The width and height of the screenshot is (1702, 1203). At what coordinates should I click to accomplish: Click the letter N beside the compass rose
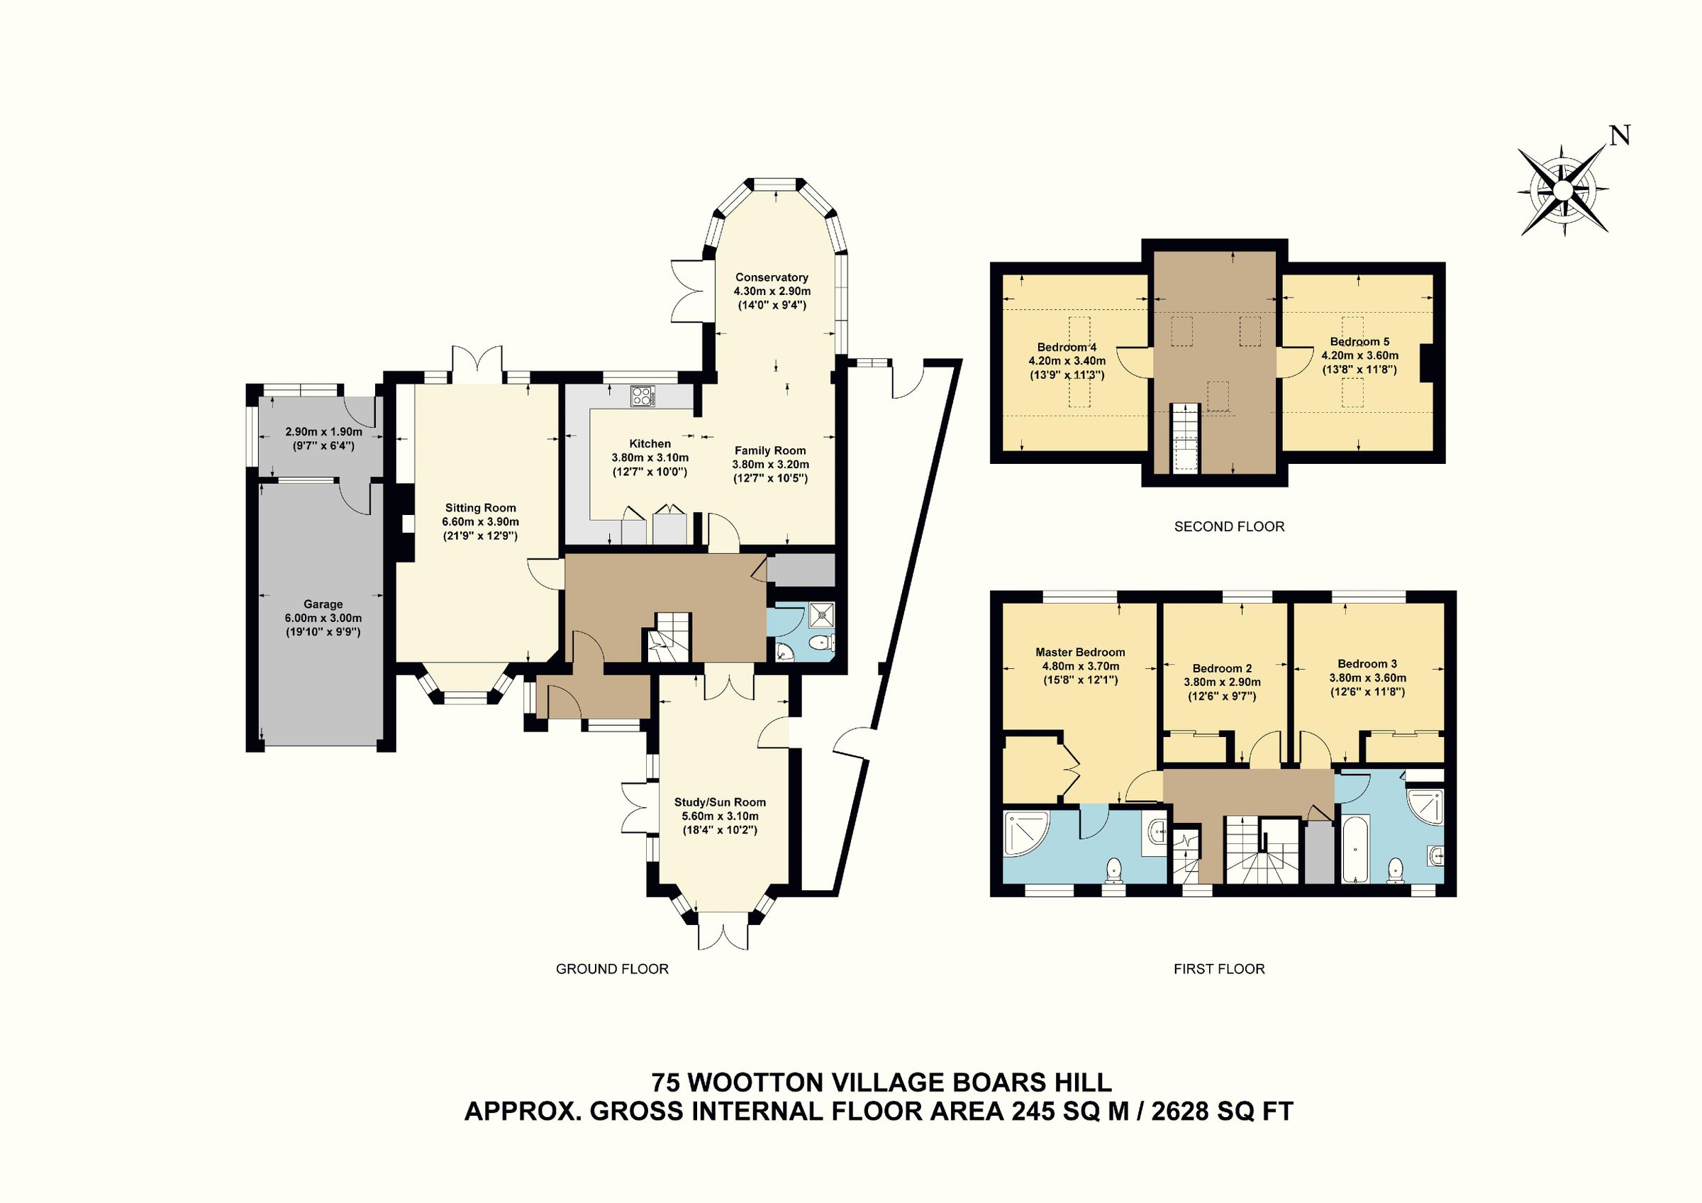(1620, 135)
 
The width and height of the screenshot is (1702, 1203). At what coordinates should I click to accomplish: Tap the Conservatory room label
(771, 277)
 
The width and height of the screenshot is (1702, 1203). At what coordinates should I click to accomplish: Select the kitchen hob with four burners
(642, 396)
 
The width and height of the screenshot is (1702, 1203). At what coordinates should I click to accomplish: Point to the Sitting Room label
(480, 508)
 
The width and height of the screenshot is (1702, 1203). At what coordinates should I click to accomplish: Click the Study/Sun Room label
(719, 802)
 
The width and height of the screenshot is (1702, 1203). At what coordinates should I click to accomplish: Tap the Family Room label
(769, 450)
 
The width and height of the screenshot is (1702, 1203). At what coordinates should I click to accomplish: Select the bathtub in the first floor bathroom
(1355, 850)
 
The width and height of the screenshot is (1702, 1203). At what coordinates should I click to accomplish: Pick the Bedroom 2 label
(1222, 668)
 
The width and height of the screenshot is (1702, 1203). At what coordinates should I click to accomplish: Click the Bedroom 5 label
(1359, 342)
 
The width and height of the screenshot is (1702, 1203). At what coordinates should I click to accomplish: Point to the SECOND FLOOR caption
(1229, 526)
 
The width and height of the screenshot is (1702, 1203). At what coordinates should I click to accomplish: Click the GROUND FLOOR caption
(611, 969)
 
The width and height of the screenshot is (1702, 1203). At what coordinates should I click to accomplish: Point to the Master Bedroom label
(1079, 653)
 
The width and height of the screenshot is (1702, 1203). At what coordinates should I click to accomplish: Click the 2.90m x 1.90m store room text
(324, 432)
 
